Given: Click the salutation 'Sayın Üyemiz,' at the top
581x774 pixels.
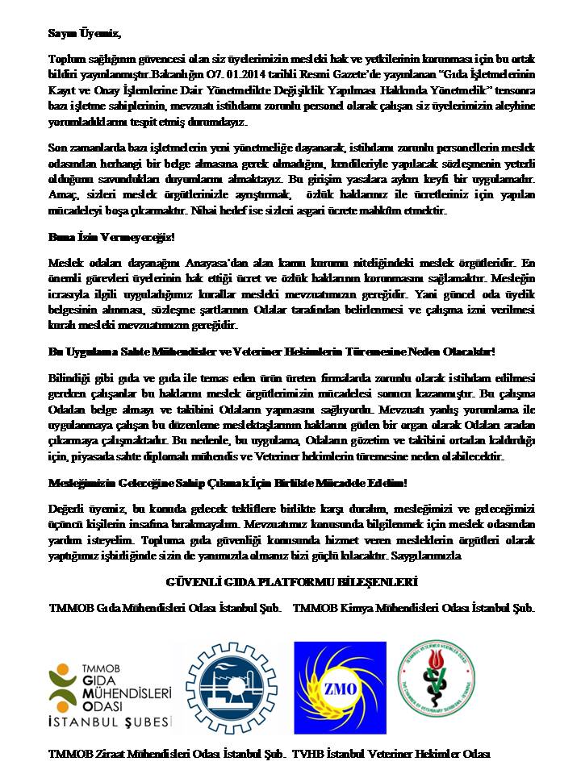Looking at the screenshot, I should [x=83, y=33].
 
